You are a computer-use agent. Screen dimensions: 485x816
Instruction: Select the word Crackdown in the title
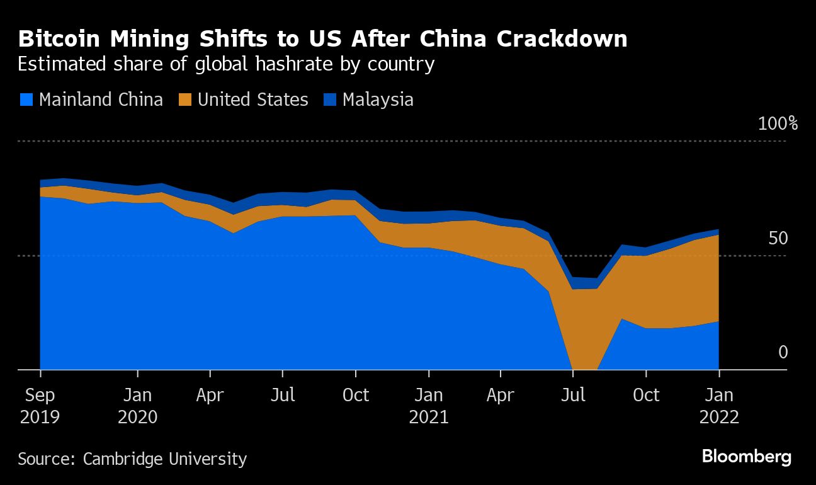coord(562,39)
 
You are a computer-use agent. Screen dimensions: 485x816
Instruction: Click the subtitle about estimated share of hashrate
coord(226,64)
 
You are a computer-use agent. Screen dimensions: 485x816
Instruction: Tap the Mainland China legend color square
coord(26,100)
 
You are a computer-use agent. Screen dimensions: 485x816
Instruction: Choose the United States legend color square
coord(185,100)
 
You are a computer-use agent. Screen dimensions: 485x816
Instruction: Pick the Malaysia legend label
coord(378,100)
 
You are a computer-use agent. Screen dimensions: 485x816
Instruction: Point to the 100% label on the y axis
coord(778,123)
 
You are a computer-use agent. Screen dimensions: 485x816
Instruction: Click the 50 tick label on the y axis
coord(778,238)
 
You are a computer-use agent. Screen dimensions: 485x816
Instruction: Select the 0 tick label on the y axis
coord(783,352)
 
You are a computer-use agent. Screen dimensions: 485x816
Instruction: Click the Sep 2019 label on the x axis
coord(40,406)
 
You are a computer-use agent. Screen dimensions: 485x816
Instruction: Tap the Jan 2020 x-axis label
coord(137,406)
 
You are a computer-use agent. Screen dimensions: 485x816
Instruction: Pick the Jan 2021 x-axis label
coord(429,406)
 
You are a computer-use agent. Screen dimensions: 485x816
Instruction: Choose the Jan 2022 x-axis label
coord(718,406)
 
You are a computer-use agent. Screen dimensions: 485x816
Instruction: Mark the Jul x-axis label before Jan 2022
coord(573,396)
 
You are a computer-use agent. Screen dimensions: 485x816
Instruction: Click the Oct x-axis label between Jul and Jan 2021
coord(356,396)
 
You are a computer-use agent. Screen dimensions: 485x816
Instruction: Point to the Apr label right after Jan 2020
coord(210,396)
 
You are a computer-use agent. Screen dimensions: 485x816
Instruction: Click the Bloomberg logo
coord(746,457)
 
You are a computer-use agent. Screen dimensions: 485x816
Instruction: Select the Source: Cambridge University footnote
coord(132,459)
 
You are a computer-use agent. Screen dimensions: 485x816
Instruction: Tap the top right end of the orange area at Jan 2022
coord(718,236)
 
